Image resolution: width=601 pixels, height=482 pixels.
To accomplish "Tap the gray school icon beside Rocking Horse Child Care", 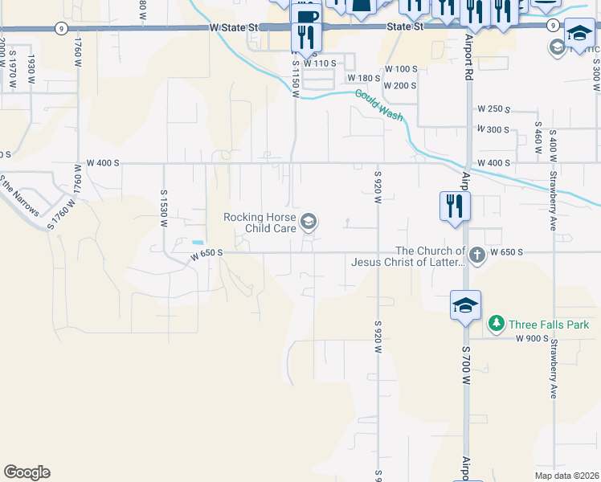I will [x=309, y=221].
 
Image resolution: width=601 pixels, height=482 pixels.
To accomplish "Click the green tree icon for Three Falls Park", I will [x=497, y=324].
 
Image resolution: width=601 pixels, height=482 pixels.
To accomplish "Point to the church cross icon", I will [x=476, y=255].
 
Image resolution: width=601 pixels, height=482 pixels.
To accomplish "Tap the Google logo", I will [x=27, y=472].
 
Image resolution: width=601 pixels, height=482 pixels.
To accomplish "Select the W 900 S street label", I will [x=532, y=339].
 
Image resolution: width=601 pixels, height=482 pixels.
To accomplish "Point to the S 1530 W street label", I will [x=163, y=209].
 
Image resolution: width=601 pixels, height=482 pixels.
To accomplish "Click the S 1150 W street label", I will [x=296, y=79].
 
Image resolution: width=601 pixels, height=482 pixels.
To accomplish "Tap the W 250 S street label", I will [x=493, y=108].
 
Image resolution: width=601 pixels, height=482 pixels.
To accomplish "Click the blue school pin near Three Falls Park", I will [x=465, y=306].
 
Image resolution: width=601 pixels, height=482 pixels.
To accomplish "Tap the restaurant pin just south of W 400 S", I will [x=454, y=206].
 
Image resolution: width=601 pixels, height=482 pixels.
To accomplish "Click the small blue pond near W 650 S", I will [x=198, y=242].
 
